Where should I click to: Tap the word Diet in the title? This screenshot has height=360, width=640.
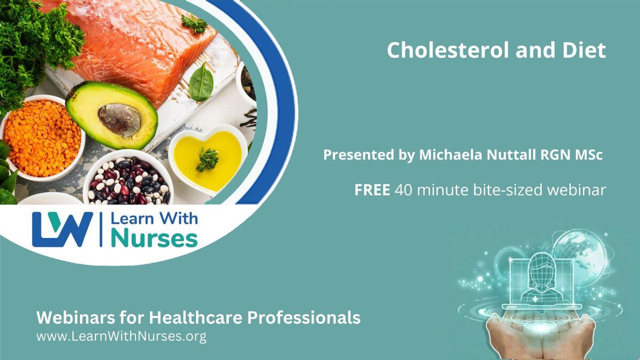[584, 50]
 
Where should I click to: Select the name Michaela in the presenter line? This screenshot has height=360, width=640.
[450, 155]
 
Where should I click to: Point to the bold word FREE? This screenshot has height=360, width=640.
[372, 190]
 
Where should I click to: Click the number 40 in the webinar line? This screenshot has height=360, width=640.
[403, 190]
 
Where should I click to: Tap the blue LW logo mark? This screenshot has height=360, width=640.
[62, 229]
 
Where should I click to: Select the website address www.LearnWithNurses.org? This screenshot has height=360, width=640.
[122, 337]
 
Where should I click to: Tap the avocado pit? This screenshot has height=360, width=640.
[119, 121]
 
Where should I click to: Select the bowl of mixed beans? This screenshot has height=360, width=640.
[128, 179]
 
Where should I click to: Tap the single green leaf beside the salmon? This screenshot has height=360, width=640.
[201, 83]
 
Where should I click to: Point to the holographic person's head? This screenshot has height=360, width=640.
[542, 267]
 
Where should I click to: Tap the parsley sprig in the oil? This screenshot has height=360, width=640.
[207, 159]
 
